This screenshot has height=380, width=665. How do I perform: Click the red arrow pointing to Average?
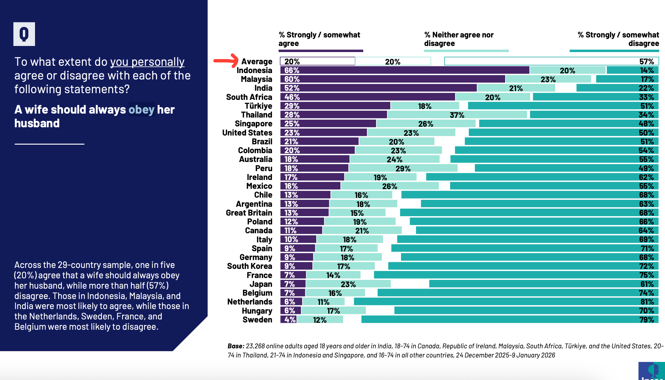point(226,60)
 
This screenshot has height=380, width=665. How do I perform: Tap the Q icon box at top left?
point(24,34)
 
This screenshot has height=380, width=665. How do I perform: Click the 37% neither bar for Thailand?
point(457,115)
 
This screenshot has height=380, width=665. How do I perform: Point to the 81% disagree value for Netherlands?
point(647,302)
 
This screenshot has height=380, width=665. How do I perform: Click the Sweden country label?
point(257,320)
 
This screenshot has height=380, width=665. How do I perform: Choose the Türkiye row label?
point(258,106)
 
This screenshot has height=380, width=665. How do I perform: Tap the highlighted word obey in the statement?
point(142,110)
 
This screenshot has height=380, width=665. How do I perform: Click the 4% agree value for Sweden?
point(290,320)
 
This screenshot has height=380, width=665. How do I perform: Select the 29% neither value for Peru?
point(403,168)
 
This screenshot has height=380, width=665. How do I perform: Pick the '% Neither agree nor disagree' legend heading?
point(459,39)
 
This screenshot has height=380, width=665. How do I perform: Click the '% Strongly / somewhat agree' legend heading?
point(319,39)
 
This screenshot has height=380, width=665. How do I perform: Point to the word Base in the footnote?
point(236,346)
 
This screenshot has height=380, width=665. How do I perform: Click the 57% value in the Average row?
point(646,62)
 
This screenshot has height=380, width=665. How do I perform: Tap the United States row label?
point(247,133)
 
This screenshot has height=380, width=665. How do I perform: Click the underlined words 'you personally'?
point(147,62)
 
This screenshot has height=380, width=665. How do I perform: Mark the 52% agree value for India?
point(292,88)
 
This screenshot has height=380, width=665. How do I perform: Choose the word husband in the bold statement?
point(37,123)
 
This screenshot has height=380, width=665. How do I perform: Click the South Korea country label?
point(250,266)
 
